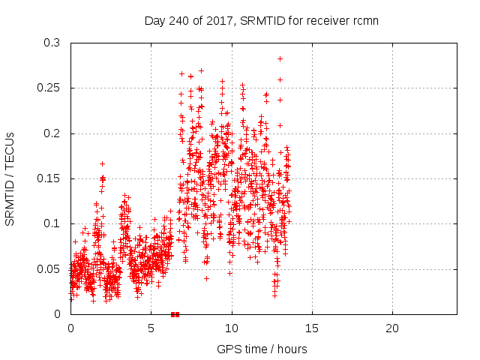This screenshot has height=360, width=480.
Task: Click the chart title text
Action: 261,20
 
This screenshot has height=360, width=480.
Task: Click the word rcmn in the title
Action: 364,20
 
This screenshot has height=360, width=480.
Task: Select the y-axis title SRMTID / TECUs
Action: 10,178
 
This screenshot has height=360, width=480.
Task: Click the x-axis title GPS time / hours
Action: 262,349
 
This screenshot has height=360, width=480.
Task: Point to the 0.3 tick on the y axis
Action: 52,43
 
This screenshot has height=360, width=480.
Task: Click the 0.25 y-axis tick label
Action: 49,88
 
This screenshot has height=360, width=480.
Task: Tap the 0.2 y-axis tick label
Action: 52,133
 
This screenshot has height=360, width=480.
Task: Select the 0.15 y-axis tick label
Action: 49,178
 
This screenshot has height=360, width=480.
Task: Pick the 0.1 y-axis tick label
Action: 52,223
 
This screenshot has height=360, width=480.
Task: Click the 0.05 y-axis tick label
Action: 49,268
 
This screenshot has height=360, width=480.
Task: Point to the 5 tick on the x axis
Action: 151,328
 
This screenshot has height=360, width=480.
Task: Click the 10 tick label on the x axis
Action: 232,328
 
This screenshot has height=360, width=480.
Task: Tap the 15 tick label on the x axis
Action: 312,328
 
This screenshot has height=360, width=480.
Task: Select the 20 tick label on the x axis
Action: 392,328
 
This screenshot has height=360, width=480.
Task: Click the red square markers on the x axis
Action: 175,314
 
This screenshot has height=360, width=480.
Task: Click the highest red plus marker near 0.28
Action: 280,58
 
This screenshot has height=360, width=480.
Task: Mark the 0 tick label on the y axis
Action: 58,313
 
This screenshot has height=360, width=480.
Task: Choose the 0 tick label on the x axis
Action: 70,328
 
